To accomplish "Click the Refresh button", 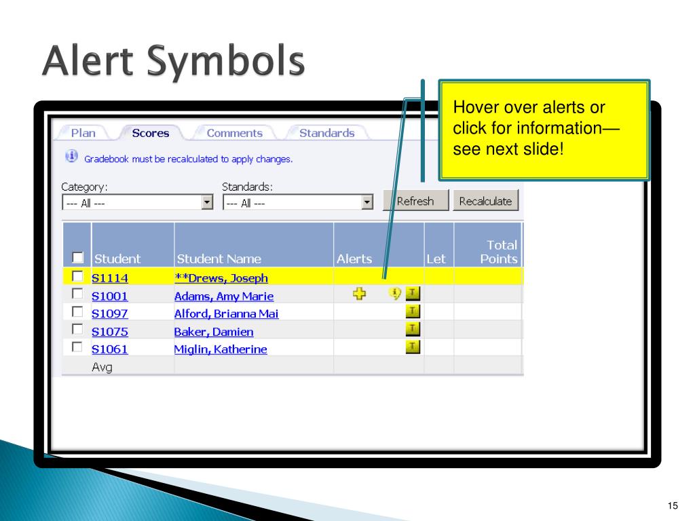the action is (416, 201).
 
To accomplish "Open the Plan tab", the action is (83, 133).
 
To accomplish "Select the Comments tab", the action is (234, 133).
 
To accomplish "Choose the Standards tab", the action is (326, 133).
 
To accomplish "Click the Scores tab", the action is (151, 133).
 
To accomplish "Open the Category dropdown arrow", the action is (207, 202).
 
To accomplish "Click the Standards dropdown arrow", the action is (367, 202).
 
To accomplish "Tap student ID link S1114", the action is (110, 278).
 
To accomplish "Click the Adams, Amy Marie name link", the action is (224, 296).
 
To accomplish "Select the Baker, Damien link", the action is (214, 331).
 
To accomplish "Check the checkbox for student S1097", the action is (77, 312).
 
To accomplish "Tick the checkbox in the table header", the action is (77, 257).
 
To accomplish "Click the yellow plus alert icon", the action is (360, 293).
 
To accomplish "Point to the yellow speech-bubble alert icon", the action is (394, 293).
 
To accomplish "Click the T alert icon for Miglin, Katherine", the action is (413, 347).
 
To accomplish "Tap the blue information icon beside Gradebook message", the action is (72, 157).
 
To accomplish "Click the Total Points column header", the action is (499, 252).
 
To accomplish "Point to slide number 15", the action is (673, 505).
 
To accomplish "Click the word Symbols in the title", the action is (225, 61).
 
